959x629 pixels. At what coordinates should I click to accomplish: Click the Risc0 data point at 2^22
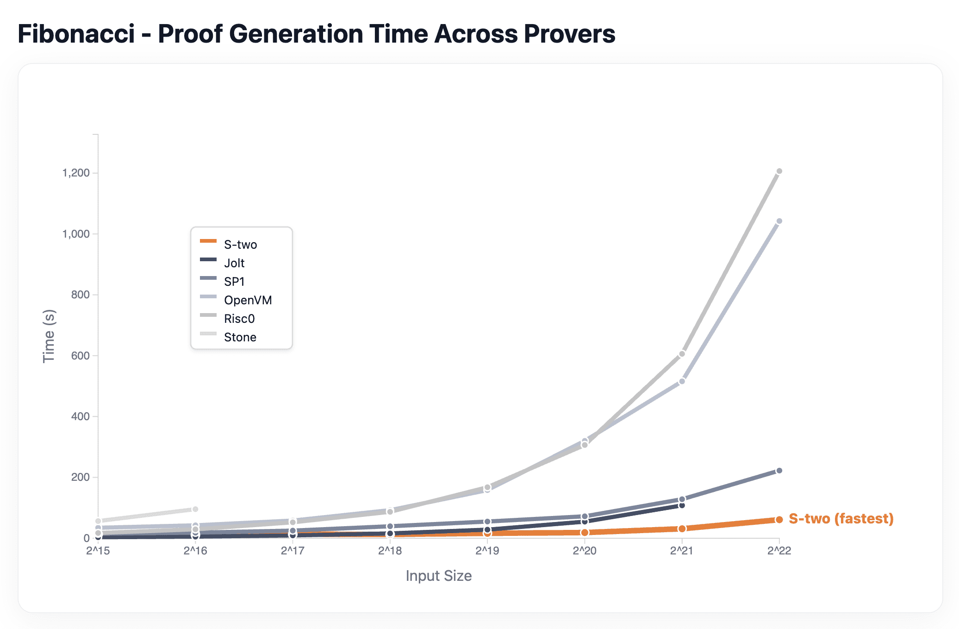(779, 171)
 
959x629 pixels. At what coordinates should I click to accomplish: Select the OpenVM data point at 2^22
(779, 221)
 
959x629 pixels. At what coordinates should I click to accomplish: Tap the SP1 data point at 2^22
(779, 471)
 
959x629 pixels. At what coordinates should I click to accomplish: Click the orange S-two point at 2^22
(779, 520)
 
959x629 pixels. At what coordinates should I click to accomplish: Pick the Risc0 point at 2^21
(682, 354)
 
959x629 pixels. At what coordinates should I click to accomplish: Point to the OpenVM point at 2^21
(682, 381)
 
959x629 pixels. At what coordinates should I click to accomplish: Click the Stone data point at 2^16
(195, 509)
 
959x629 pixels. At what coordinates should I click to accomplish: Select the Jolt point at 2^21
(682, 505)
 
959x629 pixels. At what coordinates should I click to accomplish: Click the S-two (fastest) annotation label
(841, 519)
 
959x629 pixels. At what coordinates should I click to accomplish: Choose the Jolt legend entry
(234, 263)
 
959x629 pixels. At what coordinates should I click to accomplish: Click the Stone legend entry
(240, 337)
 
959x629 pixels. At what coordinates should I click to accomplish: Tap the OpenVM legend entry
(248, 300)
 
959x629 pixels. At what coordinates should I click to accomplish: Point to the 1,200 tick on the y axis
(76, 173)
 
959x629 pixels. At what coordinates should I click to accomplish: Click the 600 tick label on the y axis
(80, 356)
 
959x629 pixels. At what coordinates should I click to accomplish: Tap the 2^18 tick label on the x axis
(390, 551)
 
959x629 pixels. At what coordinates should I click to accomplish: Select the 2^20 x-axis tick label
(585, 551)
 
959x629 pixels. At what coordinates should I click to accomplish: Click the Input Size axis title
(438, 576)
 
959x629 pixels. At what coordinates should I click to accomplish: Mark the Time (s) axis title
(49, 336)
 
